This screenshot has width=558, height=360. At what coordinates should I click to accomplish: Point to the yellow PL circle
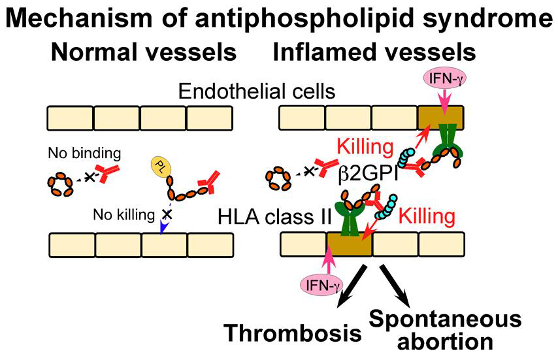(160, 167)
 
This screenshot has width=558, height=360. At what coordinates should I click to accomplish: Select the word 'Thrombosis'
(294, 333)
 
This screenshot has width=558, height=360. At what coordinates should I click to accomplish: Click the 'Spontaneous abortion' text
(446, 330)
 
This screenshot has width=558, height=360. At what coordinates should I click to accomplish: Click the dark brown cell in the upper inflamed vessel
(440, 118)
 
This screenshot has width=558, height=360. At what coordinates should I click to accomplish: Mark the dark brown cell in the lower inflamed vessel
(348, 245)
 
